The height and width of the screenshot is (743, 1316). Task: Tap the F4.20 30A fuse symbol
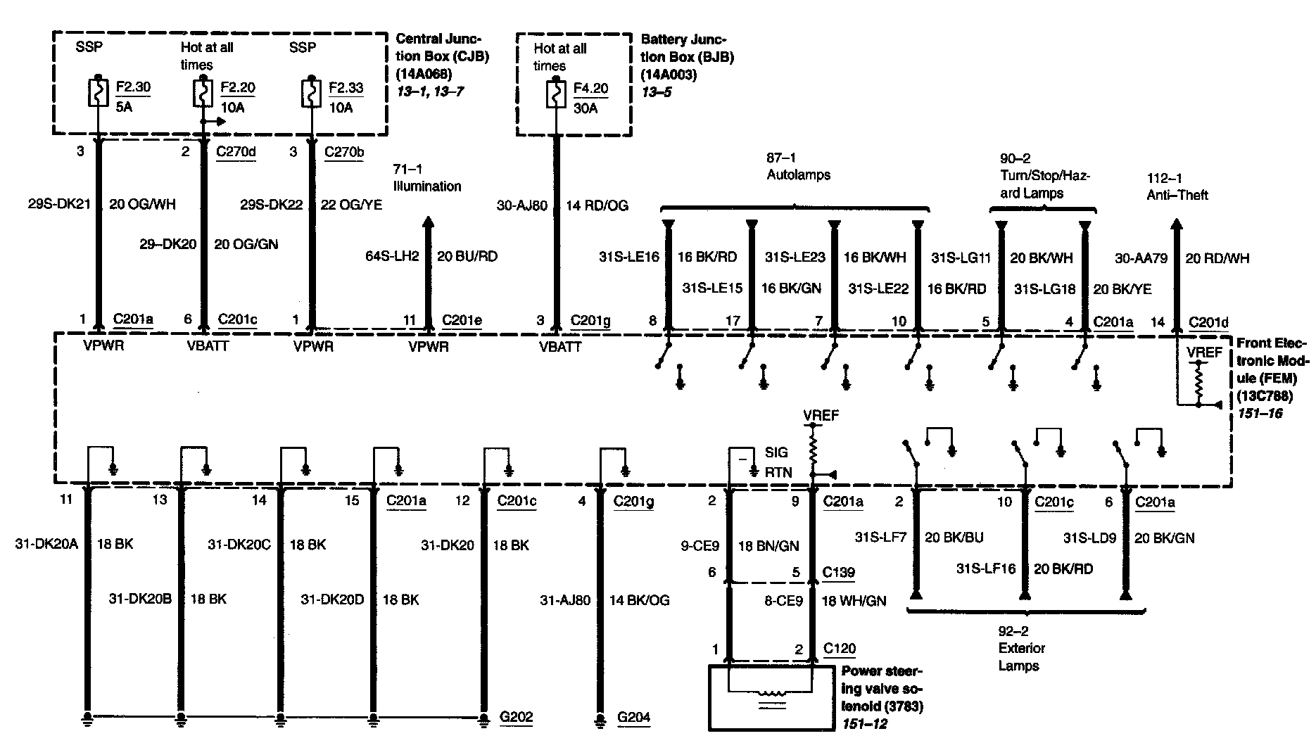(557, 95)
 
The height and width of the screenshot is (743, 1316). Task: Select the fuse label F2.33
(346, 87)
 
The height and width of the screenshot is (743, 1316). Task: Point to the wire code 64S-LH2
(392, 256)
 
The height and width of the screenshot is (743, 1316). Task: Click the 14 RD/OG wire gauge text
(597, 205)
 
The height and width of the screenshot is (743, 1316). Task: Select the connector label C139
(839, 572)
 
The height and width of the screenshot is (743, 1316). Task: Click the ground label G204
(633, 718)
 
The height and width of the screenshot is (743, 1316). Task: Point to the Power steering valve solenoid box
(771, 697)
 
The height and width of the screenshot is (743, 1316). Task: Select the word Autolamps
(798, 174)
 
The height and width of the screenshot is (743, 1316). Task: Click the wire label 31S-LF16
(986, 569)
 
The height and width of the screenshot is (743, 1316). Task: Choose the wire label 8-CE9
(783, 601)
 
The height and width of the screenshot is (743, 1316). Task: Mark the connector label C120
(840, 648)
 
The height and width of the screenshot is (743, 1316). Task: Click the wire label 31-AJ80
(565, 600)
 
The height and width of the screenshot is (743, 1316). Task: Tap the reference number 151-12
(863, 723)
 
